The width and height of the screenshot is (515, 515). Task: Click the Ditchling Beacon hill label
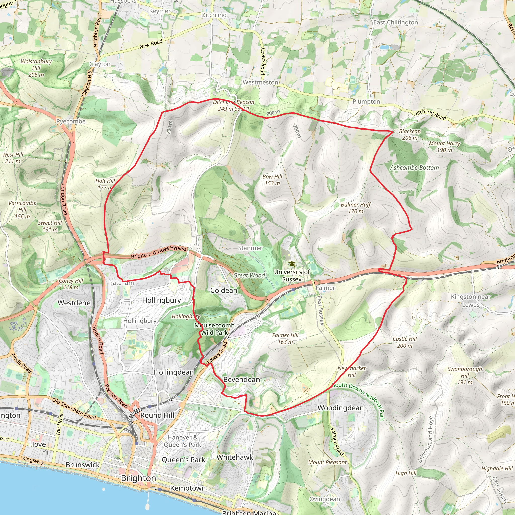click(x=233, y=102)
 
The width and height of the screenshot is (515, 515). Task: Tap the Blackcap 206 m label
click(x=409, y=134)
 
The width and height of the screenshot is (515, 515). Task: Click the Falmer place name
click(x=325, y=288)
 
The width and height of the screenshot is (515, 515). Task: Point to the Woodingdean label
click(x=340, y=408)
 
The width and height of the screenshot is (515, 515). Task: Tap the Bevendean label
click(x=241, y=379)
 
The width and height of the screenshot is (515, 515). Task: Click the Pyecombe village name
click(x=71, y=121)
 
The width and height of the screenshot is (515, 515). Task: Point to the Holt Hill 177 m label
click(x=105, y=184)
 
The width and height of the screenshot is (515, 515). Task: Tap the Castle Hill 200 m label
click(x=404, y=342)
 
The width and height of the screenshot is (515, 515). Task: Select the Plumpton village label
click(x=366, y=102)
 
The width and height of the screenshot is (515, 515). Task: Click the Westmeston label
click(x=260, y=83)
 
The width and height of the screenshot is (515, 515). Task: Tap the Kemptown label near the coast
click(x=188, y=488)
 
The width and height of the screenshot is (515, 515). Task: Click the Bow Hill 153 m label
click(x=272, y=180)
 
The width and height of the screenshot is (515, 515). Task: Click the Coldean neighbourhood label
click(x=224, y=290)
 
